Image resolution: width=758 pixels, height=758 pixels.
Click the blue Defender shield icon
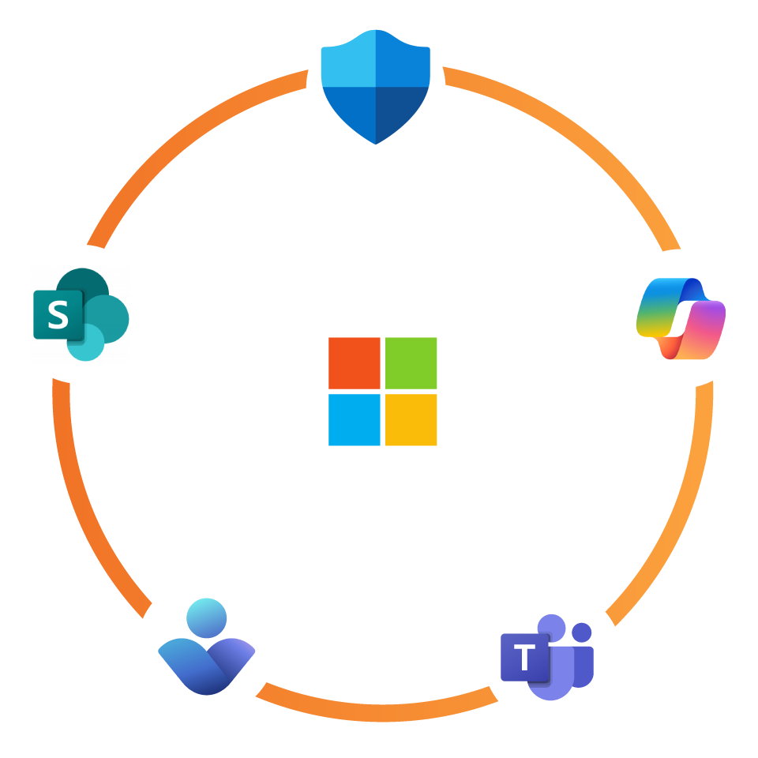point(376,85)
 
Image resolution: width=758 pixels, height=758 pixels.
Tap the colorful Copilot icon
point(681,318)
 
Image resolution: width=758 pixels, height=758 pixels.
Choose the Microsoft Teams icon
point(546,658)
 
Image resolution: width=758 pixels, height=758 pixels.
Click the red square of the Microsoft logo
point(355,363)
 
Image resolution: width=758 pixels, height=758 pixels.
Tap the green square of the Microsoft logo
point(411,363)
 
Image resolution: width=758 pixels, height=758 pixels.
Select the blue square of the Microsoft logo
point(355,420)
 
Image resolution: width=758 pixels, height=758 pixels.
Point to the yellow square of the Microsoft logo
point(411,420)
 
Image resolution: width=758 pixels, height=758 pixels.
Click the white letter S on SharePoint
point(58,315)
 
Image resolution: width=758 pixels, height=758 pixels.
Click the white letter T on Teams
point(524,657)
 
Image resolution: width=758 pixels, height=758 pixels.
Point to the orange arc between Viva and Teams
point(379,712)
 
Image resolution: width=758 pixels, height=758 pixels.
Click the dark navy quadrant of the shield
point(401,111)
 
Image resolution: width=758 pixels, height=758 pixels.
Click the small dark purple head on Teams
point(582,632)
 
